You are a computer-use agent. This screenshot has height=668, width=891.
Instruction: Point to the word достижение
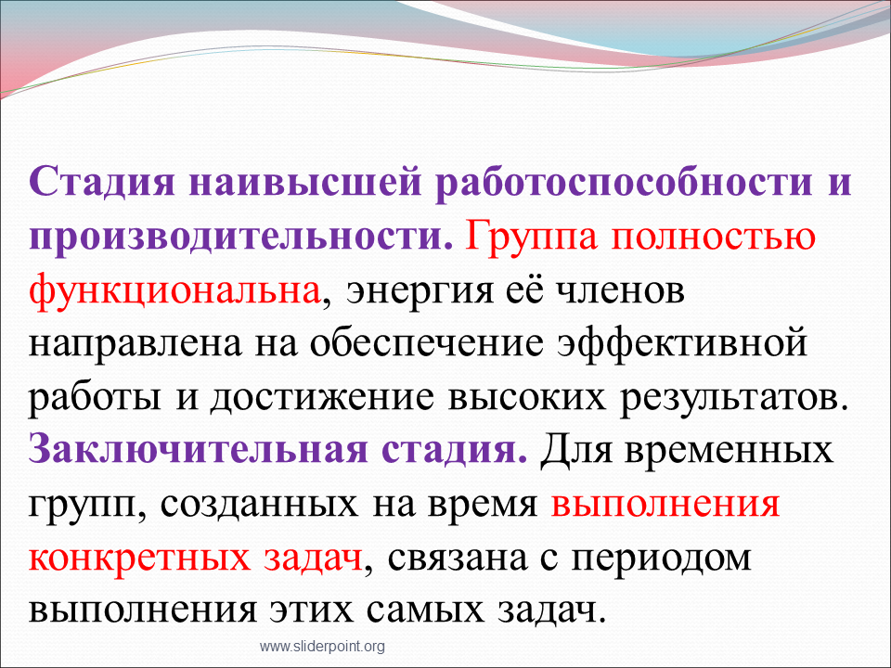[322, 398]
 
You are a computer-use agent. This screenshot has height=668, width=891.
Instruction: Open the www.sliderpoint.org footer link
[322, 647]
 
